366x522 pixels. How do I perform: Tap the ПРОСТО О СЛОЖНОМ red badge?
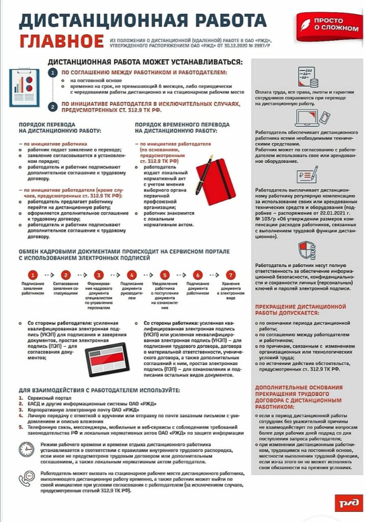click(x=328, y=24)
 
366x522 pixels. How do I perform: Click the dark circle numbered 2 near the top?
click(x=54, y=106)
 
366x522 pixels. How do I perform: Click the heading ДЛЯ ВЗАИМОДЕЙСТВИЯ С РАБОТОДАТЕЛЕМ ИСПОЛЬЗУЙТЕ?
click(x=99, y=390)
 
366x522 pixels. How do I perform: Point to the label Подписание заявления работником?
click(x=33, y=288)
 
